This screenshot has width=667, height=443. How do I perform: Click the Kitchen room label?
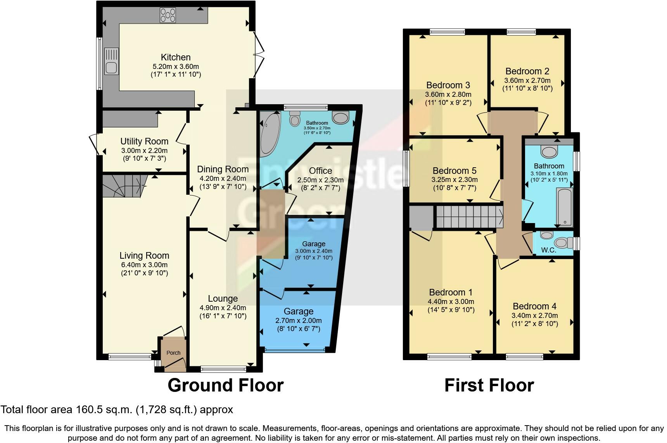pyautogui.click(x=176, y=57)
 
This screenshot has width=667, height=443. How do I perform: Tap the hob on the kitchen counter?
pyautogui.click(x=168, y=15)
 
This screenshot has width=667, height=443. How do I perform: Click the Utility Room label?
pyautogui.click(x=144, y=141)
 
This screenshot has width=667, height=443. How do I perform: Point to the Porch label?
pyautogui.click(x=173, y=353)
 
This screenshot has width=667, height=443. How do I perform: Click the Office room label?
pyautogui.click(x=320, y=171)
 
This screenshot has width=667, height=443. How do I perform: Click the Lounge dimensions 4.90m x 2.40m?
pyautogui.click(x=223, y=308)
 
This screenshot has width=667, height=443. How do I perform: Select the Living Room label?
pyautogui.click(x=144, y=256)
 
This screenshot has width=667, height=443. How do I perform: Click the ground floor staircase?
pyautogui.click(x=123, y=185)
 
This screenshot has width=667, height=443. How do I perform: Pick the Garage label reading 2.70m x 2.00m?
pyautogui.click(x=298, y=321)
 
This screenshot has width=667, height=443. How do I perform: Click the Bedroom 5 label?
pyautogui.click(x=454, y=171)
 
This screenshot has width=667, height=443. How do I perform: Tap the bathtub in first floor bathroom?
pyautogui.click(x=564, y=207)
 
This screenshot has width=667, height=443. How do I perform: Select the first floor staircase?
pyautogui.click(x=469, y=216)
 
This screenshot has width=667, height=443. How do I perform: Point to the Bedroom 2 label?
pyautogui.click(x=527, y=71)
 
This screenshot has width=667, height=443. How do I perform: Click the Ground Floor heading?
pyautogui.click(x=225, y=385)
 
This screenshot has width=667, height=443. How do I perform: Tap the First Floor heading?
pyautogui.click(x=489, y=385)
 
